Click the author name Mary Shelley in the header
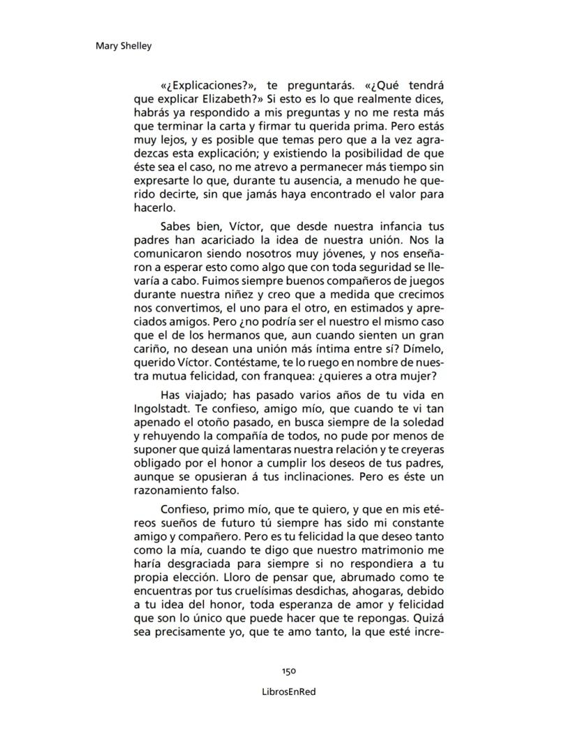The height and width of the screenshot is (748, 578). pos(122,46)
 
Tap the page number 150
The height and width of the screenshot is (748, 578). pos(289,670)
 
